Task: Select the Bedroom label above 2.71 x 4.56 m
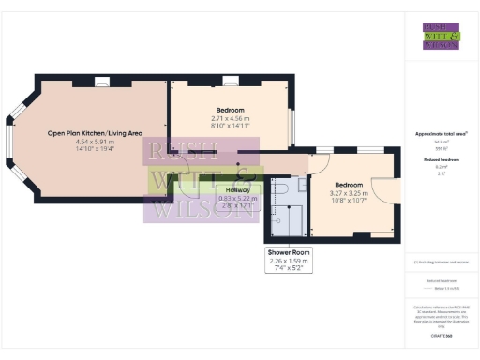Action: [228, 111]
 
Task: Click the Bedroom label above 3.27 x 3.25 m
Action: [350, 185]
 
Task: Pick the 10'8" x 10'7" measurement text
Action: [350, 201]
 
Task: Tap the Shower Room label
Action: [288, 253]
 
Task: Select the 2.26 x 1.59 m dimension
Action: [288, 261]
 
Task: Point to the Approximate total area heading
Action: [441, 134]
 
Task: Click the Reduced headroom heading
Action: [441, 160]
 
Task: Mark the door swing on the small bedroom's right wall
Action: [383, 188]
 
